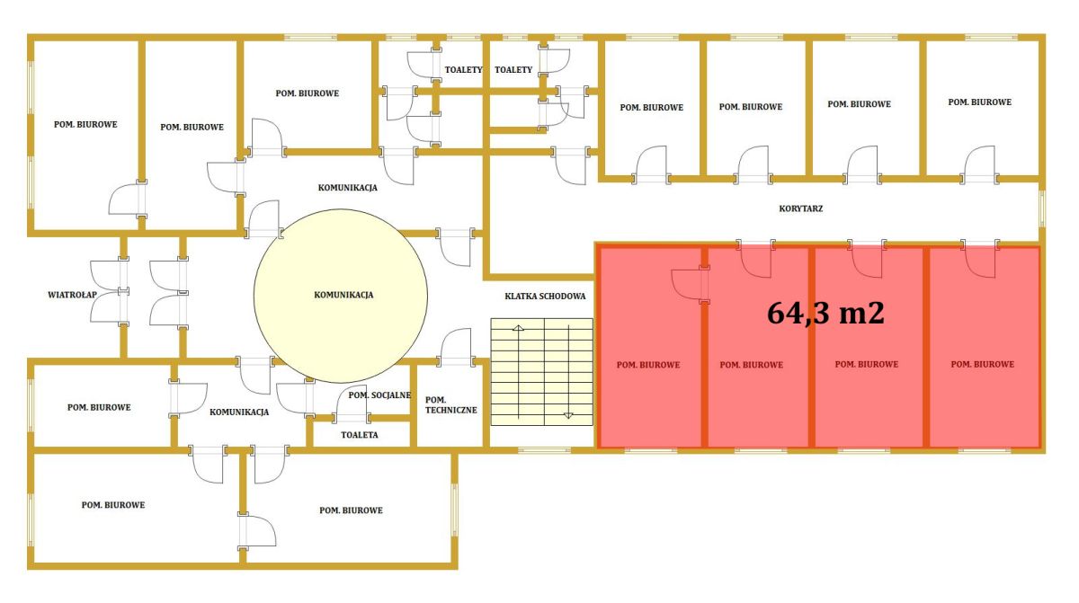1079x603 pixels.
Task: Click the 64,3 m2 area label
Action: [825, 314]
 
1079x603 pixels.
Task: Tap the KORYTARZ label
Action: [801, 208]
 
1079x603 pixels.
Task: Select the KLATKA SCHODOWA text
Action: [545, 297]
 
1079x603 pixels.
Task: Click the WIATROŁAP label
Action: [72, 295]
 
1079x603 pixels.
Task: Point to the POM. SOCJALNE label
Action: [379, 395]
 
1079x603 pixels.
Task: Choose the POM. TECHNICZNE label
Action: [450, 405]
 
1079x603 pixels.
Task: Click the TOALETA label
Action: [360, 435]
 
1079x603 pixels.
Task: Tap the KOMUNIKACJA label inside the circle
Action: [343, 295]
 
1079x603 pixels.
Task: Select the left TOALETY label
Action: [463, 70]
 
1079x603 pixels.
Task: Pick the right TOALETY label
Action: [513, 70]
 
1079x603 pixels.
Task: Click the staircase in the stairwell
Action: [542, 371]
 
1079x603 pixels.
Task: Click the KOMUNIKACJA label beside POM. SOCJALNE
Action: [239, 412]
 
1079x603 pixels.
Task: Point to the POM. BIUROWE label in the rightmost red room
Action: [983, 364]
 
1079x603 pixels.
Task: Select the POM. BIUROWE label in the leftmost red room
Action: [648, 365]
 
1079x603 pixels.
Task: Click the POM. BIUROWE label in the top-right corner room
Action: [980, 102]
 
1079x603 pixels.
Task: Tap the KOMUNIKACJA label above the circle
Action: [347, 188]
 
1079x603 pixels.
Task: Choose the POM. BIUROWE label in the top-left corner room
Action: [85, 124]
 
